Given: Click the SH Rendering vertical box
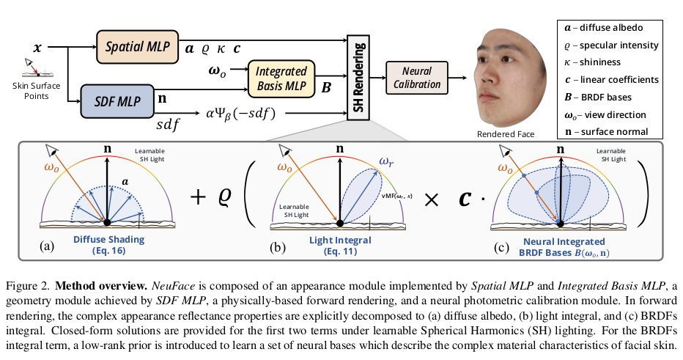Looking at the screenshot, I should click(x=360, y=76).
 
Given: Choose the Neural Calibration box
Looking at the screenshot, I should click(x=416, y=78).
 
